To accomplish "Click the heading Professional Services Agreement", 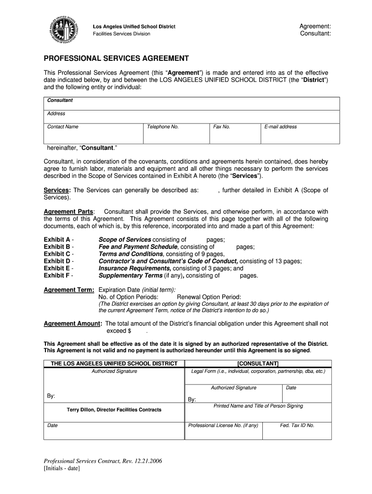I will [x=116, y=58].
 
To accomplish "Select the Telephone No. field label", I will [x=163, y=127].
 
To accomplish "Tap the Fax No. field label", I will [x=221, y=127].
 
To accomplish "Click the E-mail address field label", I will [x=280, y=127].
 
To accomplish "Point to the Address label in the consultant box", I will [x=56, y=114].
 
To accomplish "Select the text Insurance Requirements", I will [x=135, y=268].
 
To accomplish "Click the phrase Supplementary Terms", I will [x=130, y=275].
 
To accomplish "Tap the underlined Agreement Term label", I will [x=69, y=290].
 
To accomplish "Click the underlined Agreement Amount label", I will [x=73, y=324].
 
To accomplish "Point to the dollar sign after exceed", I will [x=129, y=331].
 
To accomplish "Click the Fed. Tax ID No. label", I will [x=297, y=425].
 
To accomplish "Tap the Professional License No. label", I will [x=223, y=425].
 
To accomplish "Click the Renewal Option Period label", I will [x=209, y=297].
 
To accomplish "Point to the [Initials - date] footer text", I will [x=62, y=468].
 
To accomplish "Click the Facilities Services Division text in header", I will [x=121, y=34].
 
